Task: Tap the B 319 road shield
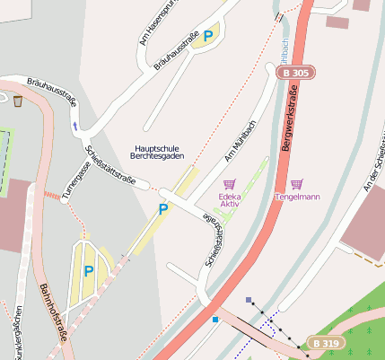pos(326,343)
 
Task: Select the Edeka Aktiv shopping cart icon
pos(229,183)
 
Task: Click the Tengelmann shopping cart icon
pos(297,183)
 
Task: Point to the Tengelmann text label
pos(297,196)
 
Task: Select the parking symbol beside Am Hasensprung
pos(208,36)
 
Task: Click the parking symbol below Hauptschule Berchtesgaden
pos(162,209)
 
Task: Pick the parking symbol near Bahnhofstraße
pos(88,270)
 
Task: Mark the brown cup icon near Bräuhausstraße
pos(18,101)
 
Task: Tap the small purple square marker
pos(249,300)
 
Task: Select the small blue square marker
pos(215,319)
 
